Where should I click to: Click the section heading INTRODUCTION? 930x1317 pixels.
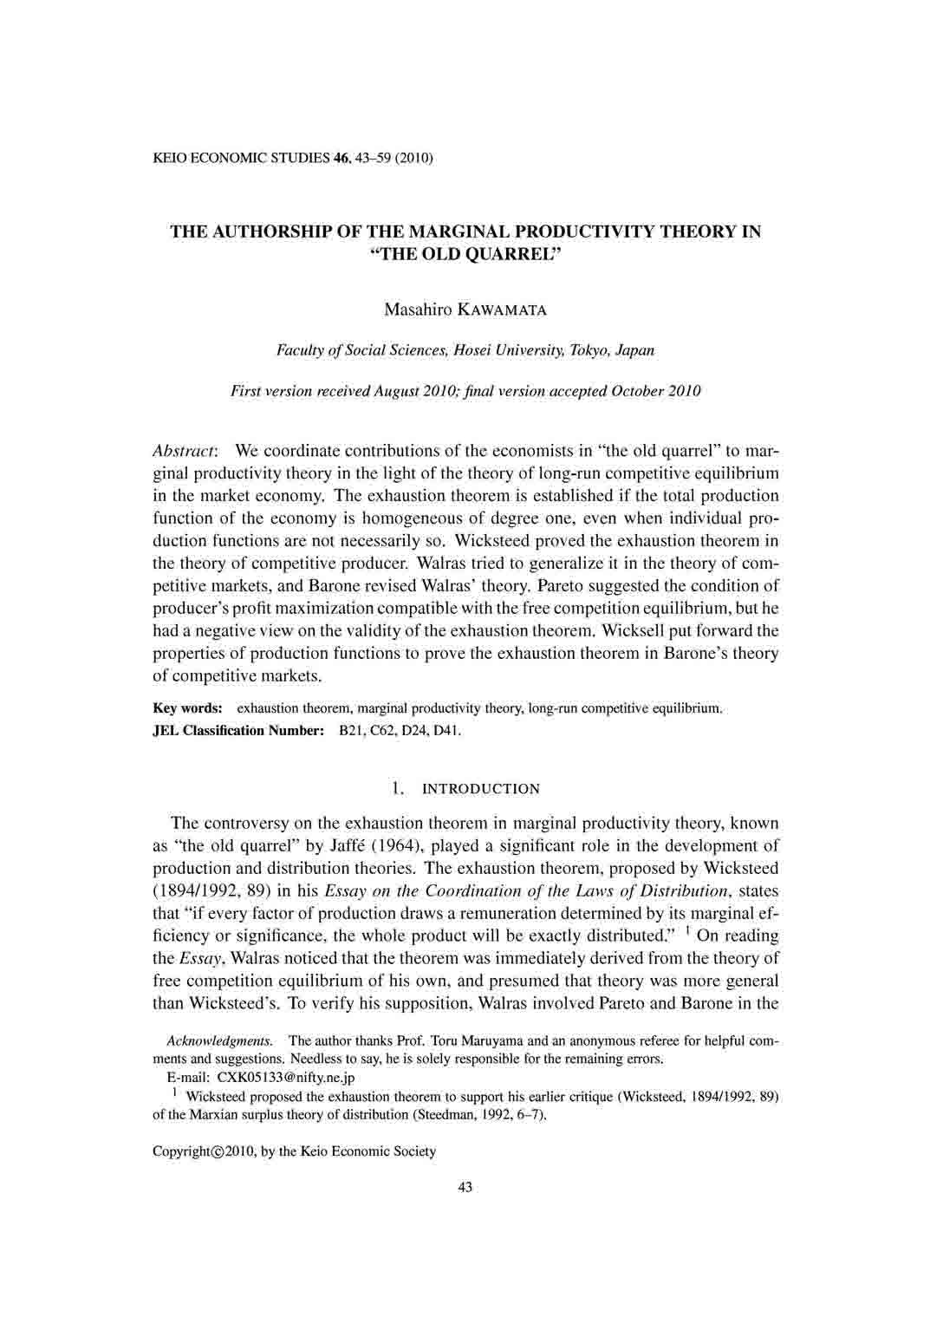pyautogui.click(x=480, y=789)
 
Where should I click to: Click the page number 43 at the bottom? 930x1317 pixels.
pyautogui.click(x=465, y=1187)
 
